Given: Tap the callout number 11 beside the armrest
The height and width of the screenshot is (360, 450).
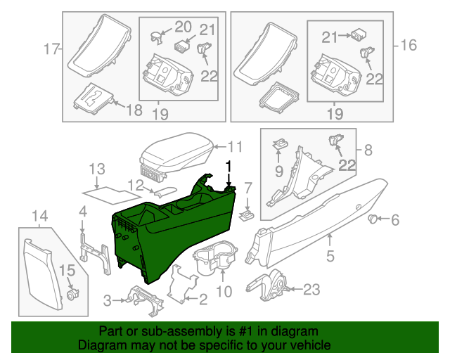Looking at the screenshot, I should (x=234, y=147).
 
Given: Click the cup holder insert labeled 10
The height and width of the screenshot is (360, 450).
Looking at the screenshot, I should (x=214, y=258).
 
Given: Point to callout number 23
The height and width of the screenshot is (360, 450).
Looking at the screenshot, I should (x=311, y=288).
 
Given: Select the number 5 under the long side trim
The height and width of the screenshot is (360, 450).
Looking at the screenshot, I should (x=330, y=240).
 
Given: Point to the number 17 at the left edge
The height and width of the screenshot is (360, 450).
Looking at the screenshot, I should (x=49, y=49).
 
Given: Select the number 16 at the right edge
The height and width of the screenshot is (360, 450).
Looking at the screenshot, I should (x=408, y=46).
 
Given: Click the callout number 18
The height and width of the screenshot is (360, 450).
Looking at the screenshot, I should (x=133, y=110).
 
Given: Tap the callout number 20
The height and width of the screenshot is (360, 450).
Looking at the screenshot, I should (x=182, y=27).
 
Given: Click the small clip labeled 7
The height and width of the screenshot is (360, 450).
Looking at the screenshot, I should (x=246, y=213).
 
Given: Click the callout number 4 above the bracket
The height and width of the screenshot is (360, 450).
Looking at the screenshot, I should (x=82, y=211).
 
